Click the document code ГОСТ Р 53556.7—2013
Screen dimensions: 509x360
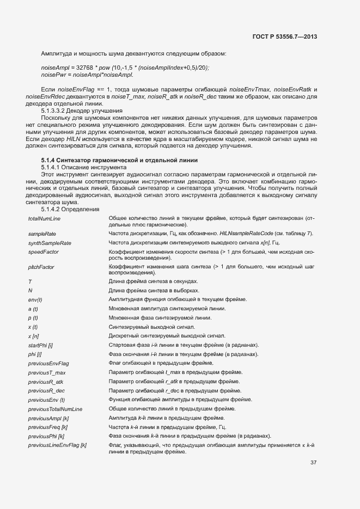(285, 36)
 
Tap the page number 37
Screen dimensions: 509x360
(313, 463)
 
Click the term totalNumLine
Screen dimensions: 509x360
(44, 218)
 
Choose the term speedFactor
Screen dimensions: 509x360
(44, 252)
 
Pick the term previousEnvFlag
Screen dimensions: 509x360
(48, 363)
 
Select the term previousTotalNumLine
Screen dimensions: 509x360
(55, 409)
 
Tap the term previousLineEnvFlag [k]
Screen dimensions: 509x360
(57, 446)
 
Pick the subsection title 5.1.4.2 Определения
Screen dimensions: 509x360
(70, 209)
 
